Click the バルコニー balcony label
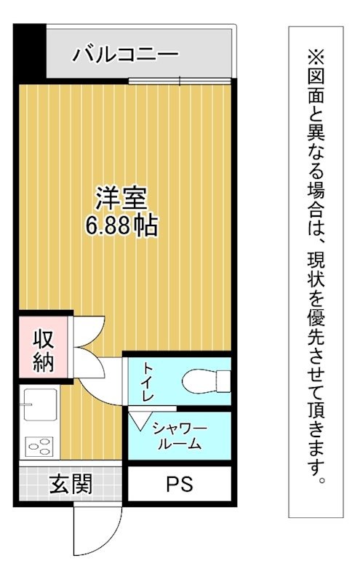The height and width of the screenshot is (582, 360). pos(125,54)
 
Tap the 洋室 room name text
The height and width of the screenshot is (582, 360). pos(121,198)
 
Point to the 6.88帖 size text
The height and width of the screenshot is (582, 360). pos(121,226)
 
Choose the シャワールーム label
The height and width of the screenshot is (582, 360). pos(178,435)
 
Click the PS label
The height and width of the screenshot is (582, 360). pos(179,484)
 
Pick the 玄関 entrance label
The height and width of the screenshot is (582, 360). pos(71,484)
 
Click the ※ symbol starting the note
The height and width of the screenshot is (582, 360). pos(316,55)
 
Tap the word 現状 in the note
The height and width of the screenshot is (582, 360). pos(316,273)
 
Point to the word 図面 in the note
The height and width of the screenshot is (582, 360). pos(316,88)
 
